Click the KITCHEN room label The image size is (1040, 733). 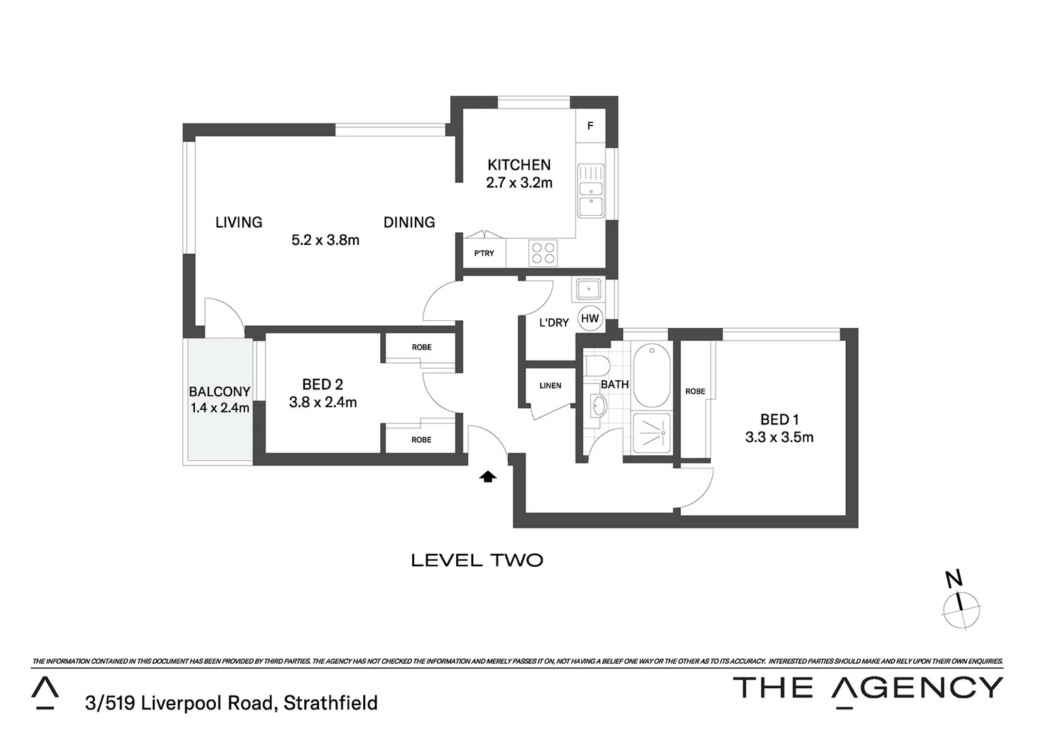(x=519, y=165)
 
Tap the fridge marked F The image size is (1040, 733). (x=590, y=126)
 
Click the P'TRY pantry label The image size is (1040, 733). (x=484, y=254)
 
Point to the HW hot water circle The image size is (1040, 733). (x=590, y=318)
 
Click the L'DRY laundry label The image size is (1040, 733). (x=553, y=323)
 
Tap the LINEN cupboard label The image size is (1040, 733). (x=550, y=386)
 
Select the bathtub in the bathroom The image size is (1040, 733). (x=651, y=375)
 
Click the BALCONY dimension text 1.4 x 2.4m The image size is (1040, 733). (x=220, y=409)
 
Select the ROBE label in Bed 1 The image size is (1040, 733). (x=694, y=392)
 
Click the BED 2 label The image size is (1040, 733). (x=322, y=385)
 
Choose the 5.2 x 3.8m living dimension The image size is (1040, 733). (x=325, y=240)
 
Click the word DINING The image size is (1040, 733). (x=409, y=223)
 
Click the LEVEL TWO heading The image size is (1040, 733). (x=477, y=561)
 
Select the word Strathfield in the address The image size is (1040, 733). (x=331, y=703)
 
